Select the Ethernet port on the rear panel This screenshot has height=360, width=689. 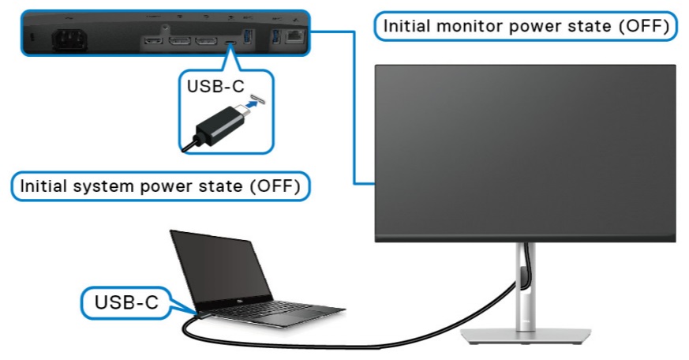pyautogui.click(x=295, y=36)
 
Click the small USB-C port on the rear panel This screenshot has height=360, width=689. pyautogui.click(x=230, y=42)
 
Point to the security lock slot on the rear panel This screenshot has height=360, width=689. pyautogui.click(x=32, y=37)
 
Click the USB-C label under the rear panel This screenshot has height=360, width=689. pyautogui.click(x=215, y=86)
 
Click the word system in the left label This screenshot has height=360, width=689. pyautogui.click(x=103, y=187)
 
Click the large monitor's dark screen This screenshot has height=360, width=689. pyautogui.click(x=524, y=150)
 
